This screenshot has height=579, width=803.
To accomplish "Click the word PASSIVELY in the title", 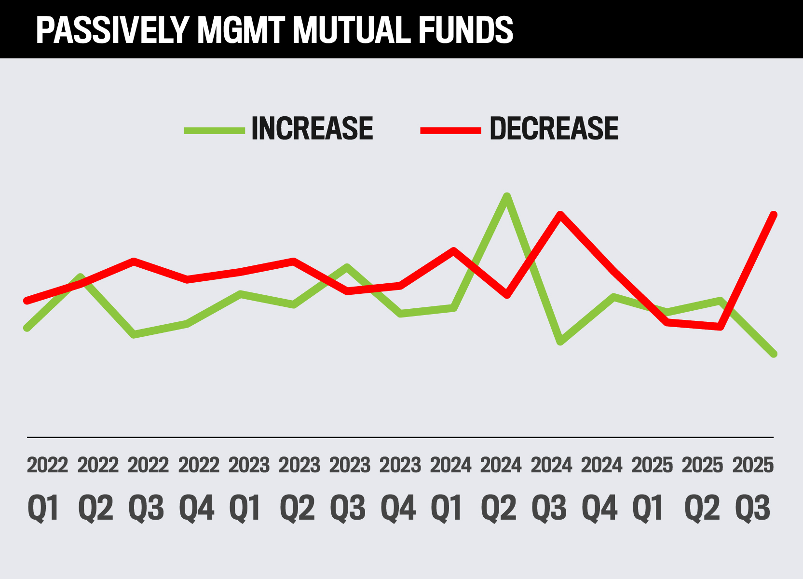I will [111, 30].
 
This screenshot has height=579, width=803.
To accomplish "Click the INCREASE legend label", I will [312, 129].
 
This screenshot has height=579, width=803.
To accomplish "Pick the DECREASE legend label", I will [554, 129].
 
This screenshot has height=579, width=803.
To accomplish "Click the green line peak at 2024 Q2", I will [506, 196].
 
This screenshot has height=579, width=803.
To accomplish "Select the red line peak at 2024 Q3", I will [560, 214].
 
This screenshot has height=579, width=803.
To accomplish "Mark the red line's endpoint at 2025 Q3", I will [774, 215].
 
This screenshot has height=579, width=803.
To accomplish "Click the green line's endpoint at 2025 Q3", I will [774, 354].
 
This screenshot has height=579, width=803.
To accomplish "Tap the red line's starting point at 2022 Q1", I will [27, 301].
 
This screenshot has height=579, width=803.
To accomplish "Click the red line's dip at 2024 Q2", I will [506, 295].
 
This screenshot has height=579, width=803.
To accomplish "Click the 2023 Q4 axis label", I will [400, 487].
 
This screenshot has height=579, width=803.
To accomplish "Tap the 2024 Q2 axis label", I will [501, 487].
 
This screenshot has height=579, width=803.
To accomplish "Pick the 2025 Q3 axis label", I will [753, 487].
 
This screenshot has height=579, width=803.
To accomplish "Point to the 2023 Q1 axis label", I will [248, 487].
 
